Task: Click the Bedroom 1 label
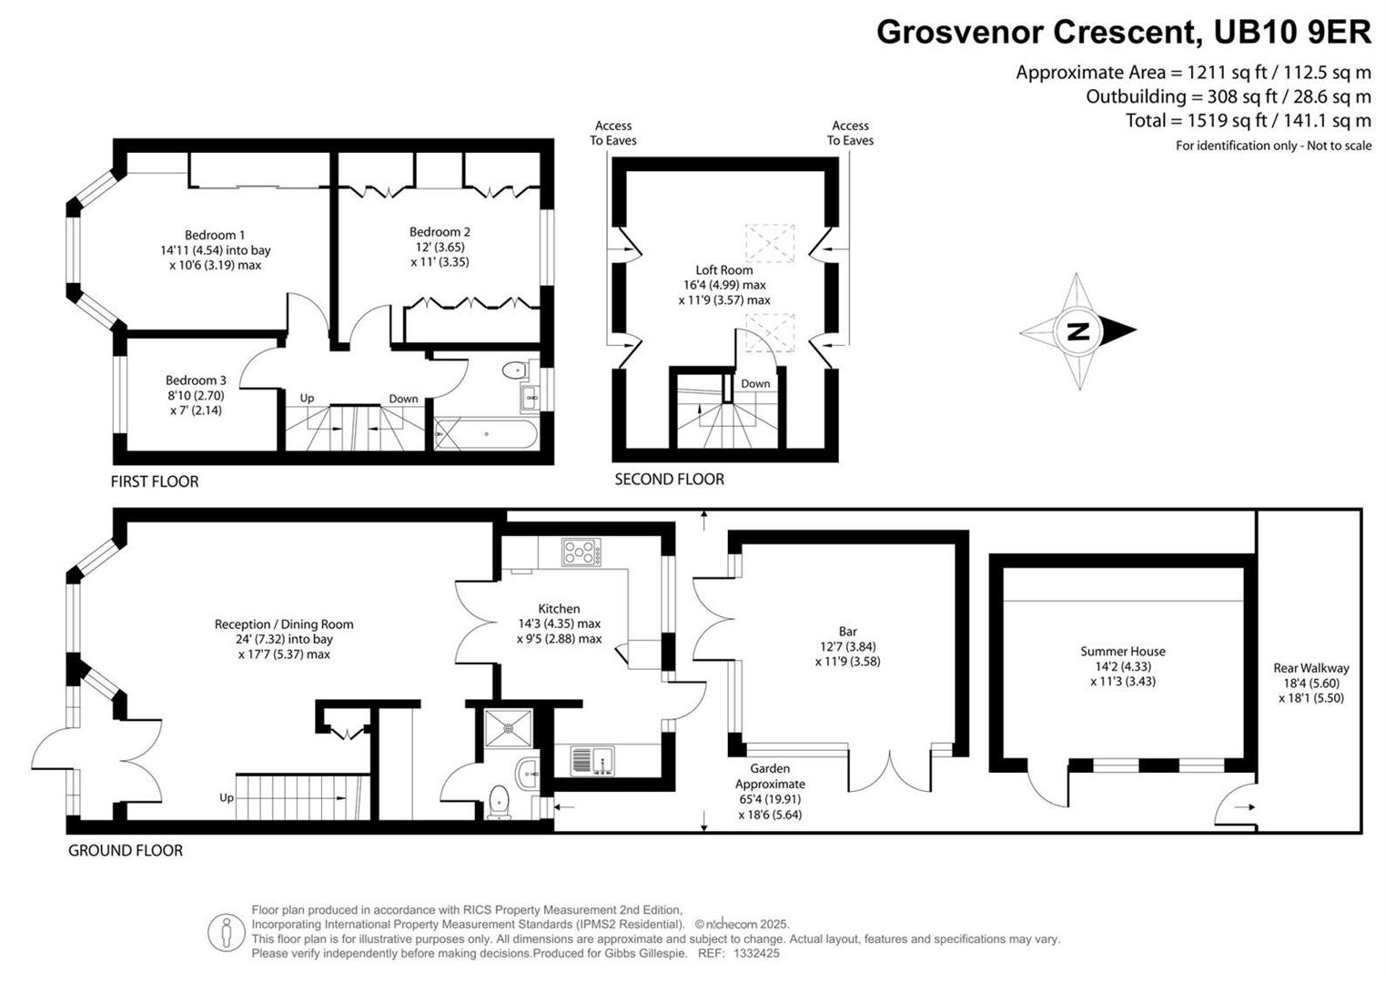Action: [x=215, y=235]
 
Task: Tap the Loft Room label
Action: [x=723, y=269]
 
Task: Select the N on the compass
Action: [x=1077, y=331]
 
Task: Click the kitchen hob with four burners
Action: [x=581, y=552]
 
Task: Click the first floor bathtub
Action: [x=486, y=434]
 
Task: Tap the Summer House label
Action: [x=1122, y=651]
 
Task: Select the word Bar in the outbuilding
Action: [x=847, y=632]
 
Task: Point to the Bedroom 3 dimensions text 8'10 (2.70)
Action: [x=196, y=395]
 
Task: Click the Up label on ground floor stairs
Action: [x=226, y=798]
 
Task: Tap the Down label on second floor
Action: [x=755, y=383]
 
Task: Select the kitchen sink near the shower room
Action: [x=591, y=759]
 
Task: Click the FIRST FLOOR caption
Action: [x=155, y=481]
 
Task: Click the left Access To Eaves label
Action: [x=613, y=133]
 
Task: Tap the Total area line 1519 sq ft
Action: [x=1248, y=120]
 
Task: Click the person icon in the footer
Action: [x=224, y=932]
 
